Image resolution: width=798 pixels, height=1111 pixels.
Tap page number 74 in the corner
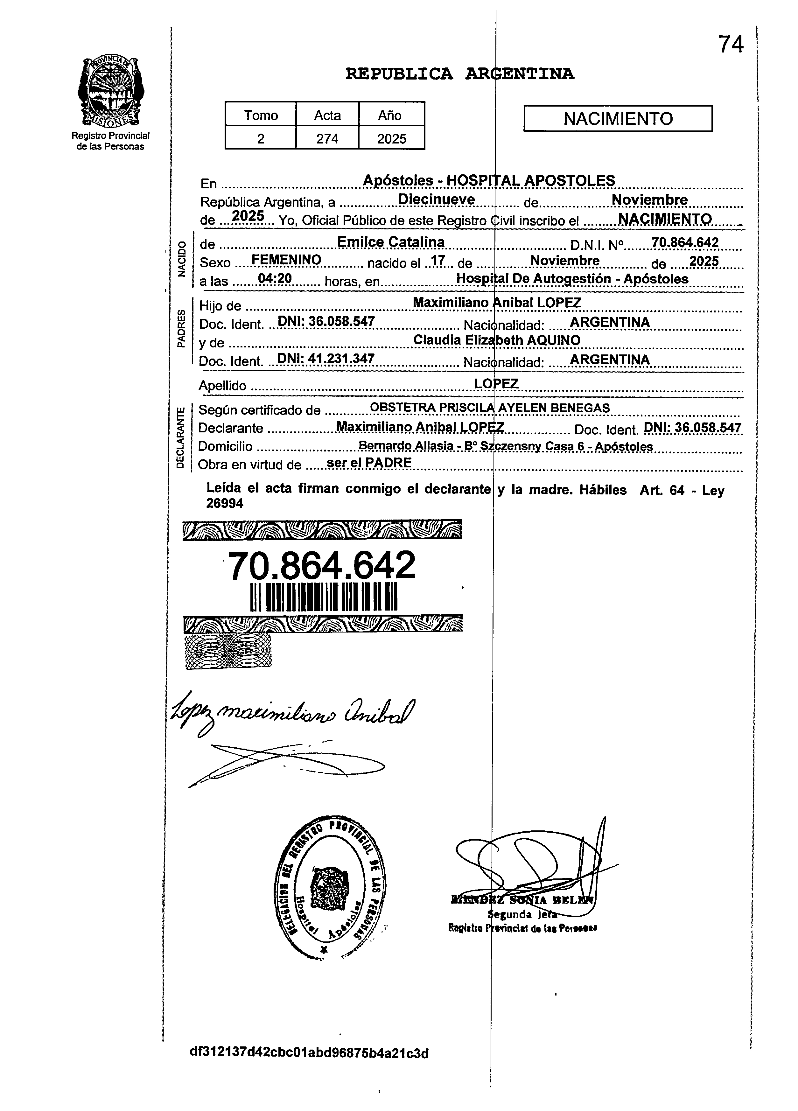point(731,45)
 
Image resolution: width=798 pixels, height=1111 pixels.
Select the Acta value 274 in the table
point(327,139)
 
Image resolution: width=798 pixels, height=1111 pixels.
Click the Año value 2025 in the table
point(391,139)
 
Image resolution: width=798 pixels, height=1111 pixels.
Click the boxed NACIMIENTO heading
point(618,119)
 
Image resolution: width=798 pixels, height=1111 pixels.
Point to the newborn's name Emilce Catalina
point(391,242)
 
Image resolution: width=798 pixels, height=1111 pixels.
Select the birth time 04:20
point(275,279)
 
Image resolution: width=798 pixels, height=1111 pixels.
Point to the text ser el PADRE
point(369,462)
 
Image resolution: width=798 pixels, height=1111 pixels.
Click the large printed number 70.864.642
point(322,565)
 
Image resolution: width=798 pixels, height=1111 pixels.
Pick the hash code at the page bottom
point(309,1053)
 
